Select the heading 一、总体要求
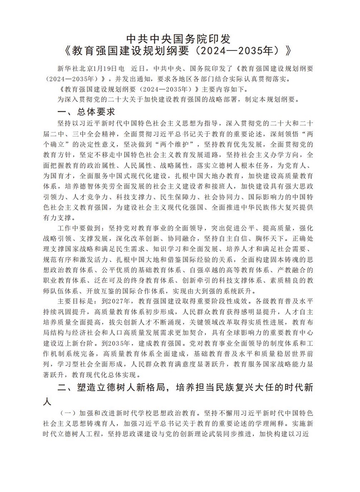point(86,112)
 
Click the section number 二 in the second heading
point(61,389)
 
